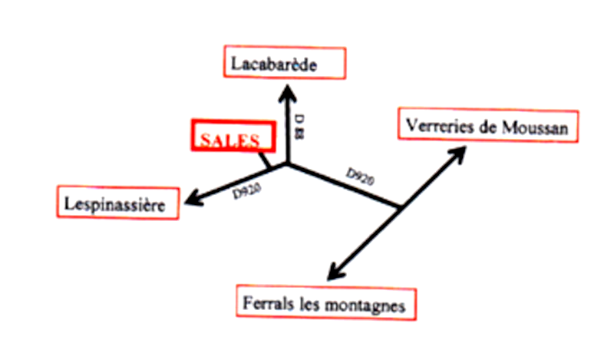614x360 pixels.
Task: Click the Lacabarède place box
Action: [x=285, y=63]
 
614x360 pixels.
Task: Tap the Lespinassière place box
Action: [x=118, y=202]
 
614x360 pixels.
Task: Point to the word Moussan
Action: [x=535, y=128]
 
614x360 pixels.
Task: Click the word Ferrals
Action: [x=268, y=303]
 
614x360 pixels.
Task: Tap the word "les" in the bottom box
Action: [x=310, y=305]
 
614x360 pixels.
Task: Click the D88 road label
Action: [x=300, y=127]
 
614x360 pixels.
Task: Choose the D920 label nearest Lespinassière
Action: [x=246, y=191]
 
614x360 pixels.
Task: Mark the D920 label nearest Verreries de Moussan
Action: [x=360, y=177]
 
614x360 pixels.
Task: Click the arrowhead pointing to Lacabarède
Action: [x=288, y=94]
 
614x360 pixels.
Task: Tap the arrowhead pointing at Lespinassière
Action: [x=194, y=199]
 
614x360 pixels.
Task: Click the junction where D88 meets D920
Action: [x=288, y=164]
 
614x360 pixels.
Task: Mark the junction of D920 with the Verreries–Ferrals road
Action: [x=400, y=206]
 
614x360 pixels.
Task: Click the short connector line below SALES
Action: [x=265, y=160]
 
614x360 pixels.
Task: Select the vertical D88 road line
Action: [x=288, y=124]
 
